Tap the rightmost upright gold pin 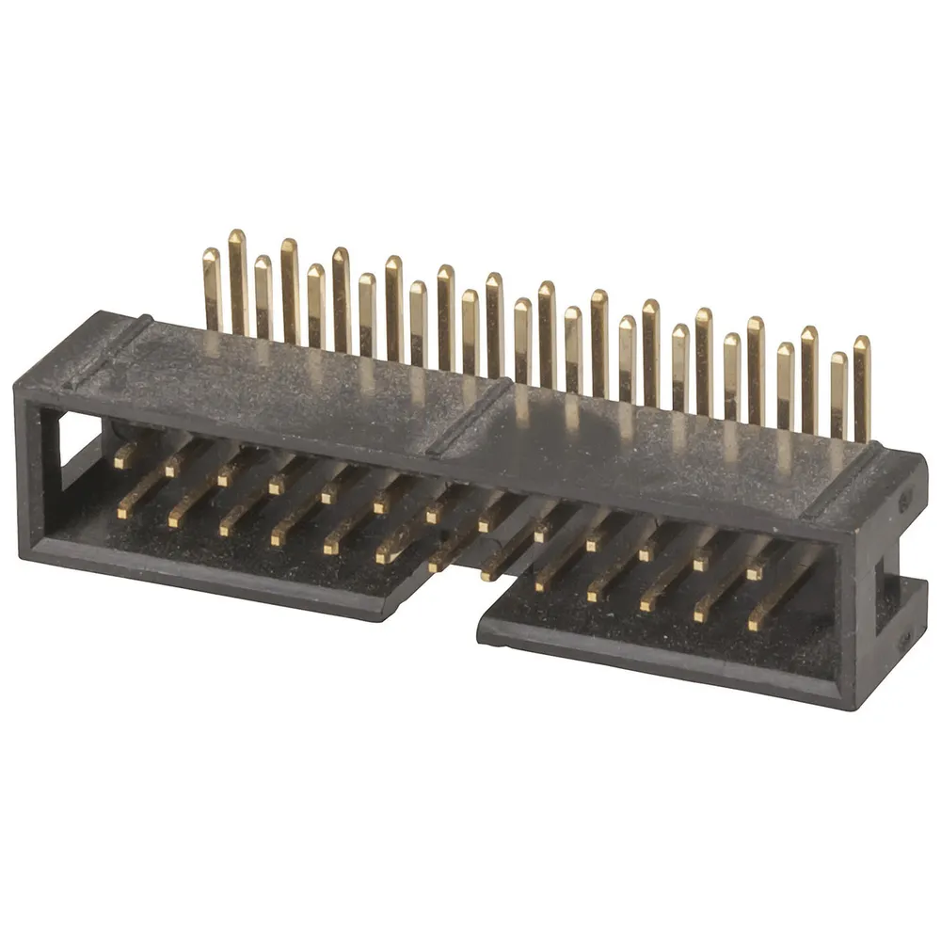(x=861, y=386)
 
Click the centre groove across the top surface (x=475, y=414)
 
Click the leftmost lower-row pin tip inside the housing (x=124, y=514)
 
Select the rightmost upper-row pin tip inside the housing (x=754, y=571)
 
